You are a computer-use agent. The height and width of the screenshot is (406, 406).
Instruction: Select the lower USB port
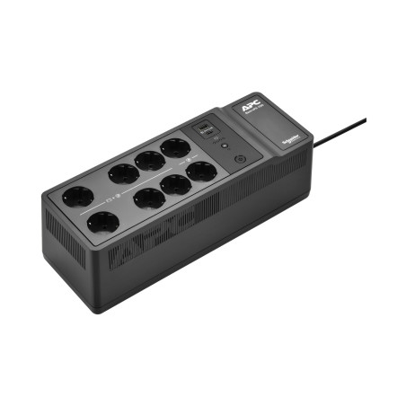[x=209, y=135]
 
